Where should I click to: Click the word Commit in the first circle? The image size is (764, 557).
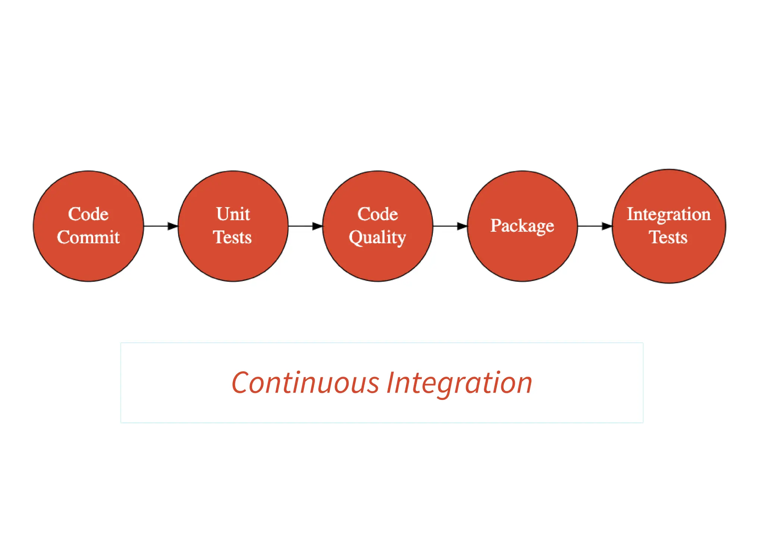coord(88,237)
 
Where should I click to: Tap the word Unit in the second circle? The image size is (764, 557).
coord(233,214)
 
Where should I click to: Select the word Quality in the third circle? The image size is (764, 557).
coord(377,238)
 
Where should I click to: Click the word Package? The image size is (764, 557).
coord(522,226)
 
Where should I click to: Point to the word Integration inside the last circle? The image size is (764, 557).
coord(668,214)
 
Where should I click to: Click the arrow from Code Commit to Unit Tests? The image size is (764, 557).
coord(159,226)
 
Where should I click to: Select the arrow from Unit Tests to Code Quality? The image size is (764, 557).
coord(303,226)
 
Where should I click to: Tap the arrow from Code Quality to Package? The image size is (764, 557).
coord(448,226)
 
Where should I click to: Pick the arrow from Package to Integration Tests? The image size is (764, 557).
coord(593,226)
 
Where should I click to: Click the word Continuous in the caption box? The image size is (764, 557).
coord(305,383)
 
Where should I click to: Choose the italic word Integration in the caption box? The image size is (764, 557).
coord(459,383)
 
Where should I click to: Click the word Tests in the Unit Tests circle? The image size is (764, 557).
coord(232,237)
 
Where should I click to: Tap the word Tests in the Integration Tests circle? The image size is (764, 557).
coord(668,237)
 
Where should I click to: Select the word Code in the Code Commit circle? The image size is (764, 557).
coord(88,214)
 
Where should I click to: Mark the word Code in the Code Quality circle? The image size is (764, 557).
coord(378,214)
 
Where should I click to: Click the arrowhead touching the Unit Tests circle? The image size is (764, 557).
coord(173,226)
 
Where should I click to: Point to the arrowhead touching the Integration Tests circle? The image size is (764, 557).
coord(607,226)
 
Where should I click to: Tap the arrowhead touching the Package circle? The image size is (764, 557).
coord(462,226)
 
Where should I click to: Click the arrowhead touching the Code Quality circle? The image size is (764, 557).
coord(317,226)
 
